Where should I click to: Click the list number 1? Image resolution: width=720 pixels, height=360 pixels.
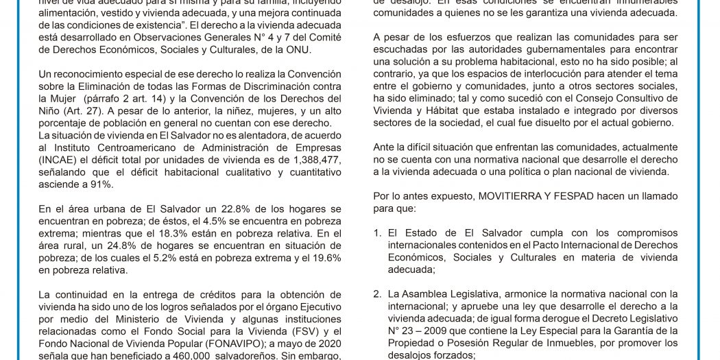(377, 233)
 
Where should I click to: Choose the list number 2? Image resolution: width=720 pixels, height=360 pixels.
(377, 294)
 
